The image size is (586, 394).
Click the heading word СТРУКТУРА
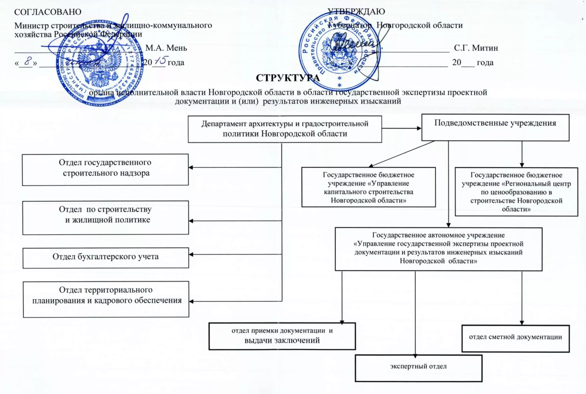click(288, 78)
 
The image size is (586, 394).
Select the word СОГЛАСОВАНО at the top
click(48, 12)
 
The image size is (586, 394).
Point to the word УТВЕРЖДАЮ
click(356, 11)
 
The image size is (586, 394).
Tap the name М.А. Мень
click(166, 48)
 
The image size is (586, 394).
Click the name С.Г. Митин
click(476, 48)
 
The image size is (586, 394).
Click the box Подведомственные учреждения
click(495, 127)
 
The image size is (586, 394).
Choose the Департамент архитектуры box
click(285, 129)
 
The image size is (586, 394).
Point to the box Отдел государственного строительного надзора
click(105, 169)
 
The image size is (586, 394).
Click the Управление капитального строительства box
click(368, 187)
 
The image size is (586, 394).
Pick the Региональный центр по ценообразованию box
click(516, 192)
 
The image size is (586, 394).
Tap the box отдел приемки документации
click(282, 336)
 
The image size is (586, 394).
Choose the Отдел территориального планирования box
click(106, 299)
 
